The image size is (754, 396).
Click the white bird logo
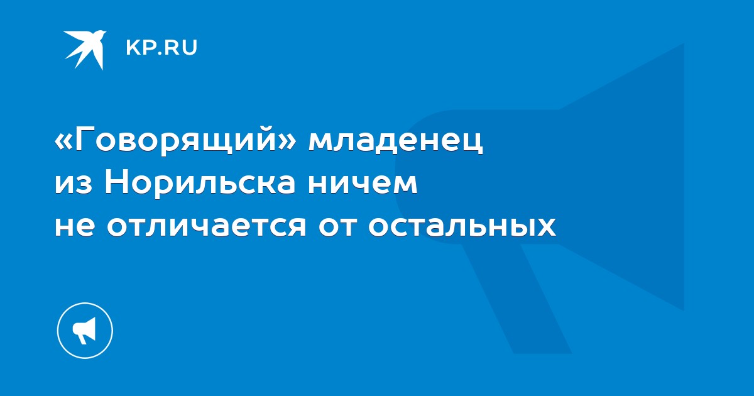[85, 50]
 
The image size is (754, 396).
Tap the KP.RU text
[161, 48]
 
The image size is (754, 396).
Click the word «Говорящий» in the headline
[176, 142]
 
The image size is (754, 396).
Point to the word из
[74, 184]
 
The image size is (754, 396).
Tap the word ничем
[363, 184]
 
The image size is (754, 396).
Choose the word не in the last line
[74, 226]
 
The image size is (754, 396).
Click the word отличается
[206, 226]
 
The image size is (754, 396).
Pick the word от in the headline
[337, 226]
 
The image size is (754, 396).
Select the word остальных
[462, 226]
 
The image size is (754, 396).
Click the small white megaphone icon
[85, 331]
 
